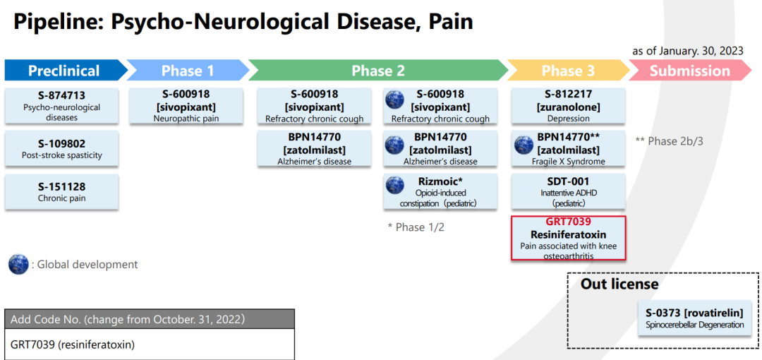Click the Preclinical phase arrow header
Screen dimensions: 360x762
click(x=64, y=71)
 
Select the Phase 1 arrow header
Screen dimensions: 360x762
click(x=188, y=71)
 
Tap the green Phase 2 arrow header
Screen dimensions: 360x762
click(x=378, y=71)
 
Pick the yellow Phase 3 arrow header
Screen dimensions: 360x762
click(x=567, y=71)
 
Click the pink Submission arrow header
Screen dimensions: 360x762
click(x=689, y=71)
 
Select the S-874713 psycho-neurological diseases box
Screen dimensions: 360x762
click(x=62, y=106)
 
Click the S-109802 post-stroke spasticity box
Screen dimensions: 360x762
click(x=62, y=149)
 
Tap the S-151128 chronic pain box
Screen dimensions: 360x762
click(x=62, y=192)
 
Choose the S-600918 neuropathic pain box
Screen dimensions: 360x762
click(x=186, y=106)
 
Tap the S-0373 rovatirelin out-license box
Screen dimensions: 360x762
click(x=694, y=318)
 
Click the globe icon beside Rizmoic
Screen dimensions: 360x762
click(x=395, y=186)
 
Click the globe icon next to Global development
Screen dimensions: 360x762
click(x=18, y=265)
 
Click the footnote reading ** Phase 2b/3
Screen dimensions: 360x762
click(x=669, y=141)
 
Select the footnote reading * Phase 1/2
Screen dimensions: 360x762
click(x=416, y=227)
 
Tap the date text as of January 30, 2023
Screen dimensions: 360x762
click(x=687, y=50)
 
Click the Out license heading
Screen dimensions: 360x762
click(x=619, y=284)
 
